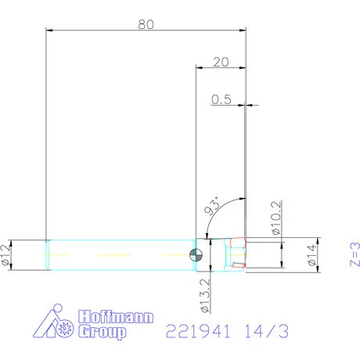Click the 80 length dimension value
tap(145, 23)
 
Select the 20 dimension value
tap(220, 62)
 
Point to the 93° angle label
tap(211, 206)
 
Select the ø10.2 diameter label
tap(275, 220)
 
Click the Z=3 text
tap(354, 254)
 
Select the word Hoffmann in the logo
tap(117, 319)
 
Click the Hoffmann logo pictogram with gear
tap(58, 323)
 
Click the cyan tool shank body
tap(117, 254)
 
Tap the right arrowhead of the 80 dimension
tap(243, 30)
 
